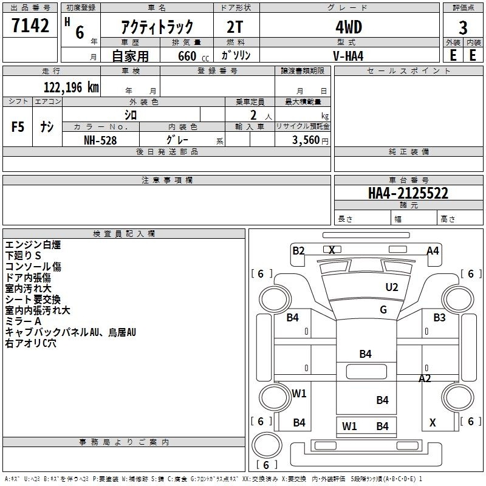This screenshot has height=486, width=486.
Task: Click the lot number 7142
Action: [30, 26]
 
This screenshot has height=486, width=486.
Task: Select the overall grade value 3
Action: [463, 28]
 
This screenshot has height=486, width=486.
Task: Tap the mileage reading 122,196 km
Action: [71, 87]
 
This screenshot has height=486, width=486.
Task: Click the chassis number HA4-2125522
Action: [408, 193]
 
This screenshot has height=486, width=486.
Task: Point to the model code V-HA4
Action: [348, 56]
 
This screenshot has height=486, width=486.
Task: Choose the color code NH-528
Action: [100, 140]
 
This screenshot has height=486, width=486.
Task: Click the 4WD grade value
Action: [349, 27]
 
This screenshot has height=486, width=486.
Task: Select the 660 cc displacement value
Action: [193, 56]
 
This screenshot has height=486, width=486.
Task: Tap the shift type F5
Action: [18, 127]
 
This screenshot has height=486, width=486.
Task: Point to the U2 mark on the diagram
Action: [392, 287]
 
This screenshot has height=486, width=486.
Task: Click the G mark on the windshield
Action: [383, 310]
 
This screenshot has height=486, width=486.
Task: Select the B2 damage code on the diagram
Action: [299, 250]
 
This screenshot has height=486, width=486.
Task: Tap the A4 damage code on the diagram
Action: [433, 250]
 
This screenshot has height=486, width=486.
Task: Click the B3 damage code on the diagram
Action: [439, 317]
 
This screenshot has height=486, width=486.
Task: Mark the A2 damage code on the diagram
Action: [425, 378]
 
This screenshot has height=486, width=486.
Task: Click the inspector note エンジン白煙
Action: [33, 245]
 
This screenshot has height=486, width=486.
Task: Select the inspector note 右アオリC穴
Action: [31, 343]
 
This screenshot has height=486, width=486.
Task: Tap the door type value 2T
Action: [235, 27]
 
